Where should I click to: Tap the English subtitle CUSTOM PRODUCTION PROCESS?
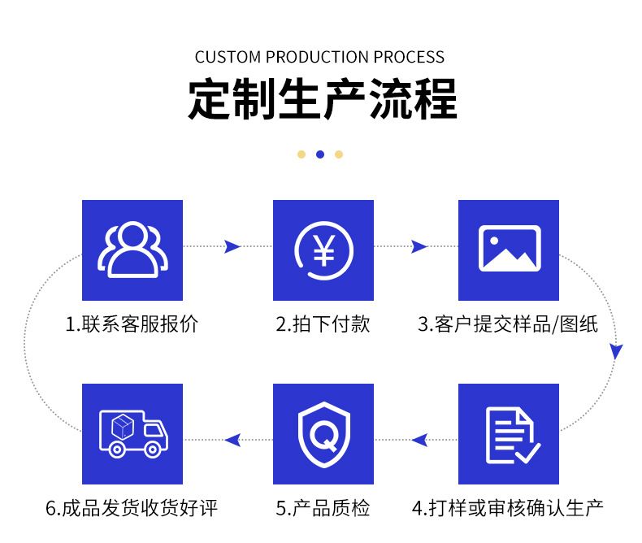319,57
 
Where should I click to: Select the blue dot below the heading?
320,154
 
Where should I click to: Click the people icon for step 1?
132,250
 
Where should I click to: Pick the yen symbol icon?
323,250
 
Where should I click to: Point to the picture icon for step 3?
509,250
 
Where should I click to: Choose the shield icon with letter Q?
323,435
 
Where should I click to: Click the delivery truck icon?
132,435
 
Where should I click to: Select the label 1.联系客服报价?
132,324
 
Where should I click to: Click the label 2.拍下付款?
323,324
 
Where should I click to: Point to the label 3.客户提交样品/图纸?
508,324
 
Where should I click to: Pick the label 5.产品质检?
323,509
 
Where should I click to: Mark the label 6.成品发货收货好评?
132,509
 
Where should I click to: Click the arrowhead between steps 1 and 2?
232,246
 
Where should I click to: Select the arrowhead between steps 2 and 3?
419,246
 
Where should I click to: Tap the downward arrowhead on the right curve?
616,352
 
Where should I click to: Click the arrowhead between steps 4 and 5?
419,440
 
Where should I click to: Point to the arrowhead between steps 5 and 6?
232,440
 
